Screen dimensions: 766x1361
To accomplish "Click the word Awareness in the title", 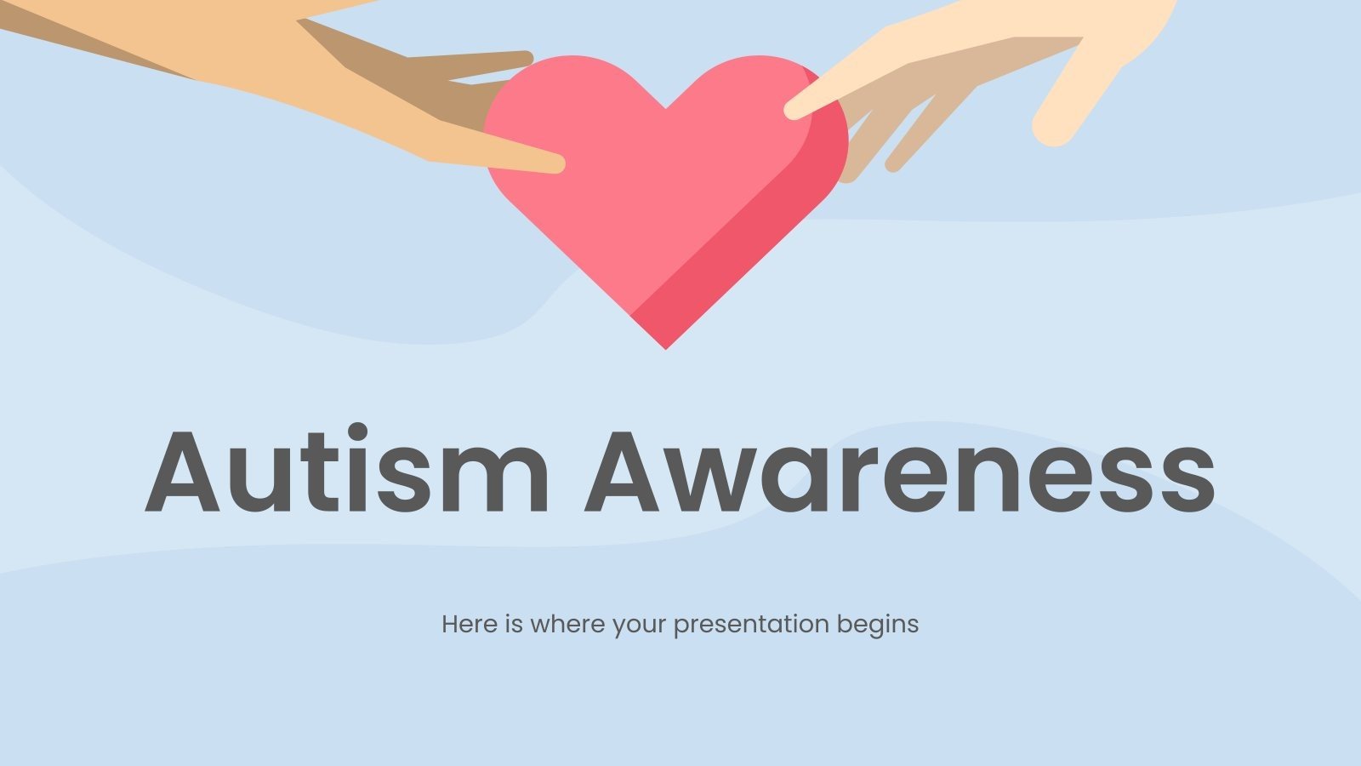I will pyautogui.click(x=900, y=472).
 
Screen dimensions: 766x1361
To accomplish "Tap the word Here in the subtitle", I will pyautogui.click(x=469, y=624).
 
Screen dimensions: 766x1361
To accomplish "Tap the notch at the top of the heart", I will pyautogui.click(x=665, y=107).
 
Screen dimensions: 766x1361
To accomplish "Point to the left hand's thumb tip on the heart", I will pyautogui.click(x=553, y=163).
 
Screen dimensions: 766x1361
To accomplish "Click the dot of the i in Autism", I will pyautogui.click(x=359, y=432).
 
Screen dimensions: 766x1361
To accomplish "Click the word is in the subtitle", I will pyautogui.click(x=513, y=624).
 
